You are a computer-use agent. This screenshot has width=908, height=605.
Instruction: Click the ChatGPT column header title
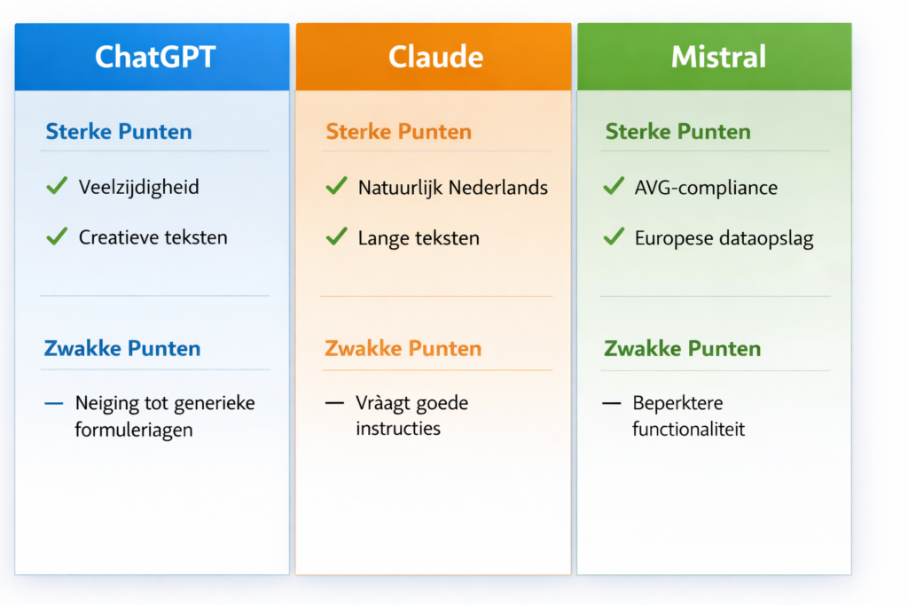155,57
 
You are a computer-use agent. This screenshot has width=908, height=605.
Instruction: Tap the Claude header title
435,57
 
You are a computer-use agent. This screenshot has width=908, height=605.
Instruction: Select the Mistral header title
718,57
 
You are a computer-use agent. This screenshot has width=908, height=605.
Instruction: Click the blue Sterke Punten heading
119,131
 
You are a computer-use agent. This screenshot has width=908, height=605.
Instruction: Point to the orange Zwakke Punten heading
403,348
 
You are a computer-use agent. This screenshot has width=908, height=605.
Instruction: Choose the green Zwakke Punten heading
682,348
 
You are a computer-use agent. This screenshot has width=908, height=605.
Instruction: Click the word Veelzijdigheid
139,188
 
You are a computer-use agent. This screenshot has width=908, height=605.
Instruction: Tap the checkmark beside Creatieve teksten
57,236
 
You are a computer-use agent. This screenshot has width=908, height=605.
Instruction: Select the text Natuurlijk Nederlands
453,188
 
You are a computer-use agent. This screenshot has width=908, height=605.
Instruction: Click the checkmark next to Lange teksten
336,236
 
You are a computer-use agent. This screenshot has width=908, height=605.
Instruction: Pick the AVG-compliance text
706,188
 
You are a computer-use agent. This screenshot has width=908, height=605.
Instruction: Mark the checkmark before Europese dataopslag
614,236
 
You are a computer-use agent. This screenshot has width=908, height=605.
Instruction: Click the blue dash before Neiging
54,403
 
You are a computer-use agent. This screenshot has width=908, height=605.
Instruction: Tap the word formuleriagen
134,430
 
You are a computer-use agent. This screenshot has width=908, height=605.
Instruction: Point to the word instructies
398,429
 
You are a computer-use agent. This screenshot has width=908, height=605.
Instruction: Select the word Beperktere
677,403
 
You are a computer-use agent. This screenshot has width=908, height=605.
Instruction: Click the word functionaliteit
688,429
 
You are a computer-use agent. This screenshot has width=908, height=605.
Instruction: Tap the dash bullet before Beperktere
612,403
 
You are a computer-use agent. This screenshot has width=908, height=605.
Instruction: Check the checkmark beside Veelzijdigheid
57,186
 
